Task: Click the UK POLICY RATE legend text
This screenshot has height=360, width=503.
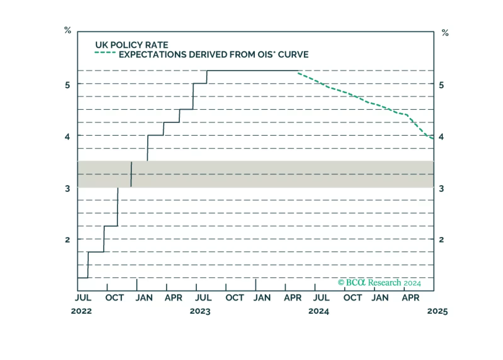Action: tap(132, 45)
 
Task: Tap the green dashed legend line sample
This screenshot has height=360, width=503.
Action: tap(105, 53)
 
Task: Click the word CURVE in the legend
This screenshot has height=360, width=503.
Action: tap(293, 55)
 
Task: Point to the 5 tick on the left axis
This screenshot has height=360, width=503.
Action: tap(67, 85)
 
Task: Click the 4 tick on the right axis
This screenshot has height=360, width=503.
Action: tap(441, 137)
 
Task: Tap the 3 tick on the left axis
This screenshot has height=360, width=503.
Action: tap(67, 188)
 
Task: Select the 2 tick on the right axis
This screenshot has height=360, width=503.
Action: tap(441, 239)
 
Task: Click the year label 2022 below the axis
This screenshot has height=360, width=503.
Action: tap(81, 311)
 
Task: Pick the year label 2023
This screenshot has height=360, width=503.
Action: tap(200, 311)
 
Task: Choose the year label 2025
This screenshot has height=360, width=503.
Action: tap(437, 311)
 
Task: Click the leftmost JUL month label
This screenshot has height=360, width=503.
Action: tap(83, 298)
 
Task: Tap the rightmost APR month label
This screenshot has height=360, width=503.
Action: tap(410, 298)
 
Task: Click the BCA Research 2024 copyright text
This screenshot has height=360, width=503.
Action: tap(379, 283)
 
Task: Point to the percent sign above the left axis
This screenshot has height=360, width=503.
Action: tap(68, 30)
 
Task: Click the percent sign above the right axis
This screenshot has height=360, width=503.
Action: tap(445, 33)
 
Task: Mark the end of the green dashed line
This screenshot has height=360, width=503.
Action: tap(433, 138)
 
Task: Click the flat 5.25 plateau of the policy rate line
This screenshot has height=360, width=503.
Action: tap(252, 71)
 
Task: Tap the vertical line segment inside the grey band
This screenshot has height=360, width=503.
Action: tap(131, 174)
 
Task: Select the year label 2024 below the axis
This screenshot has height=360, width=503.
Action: tap(319, 311)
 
